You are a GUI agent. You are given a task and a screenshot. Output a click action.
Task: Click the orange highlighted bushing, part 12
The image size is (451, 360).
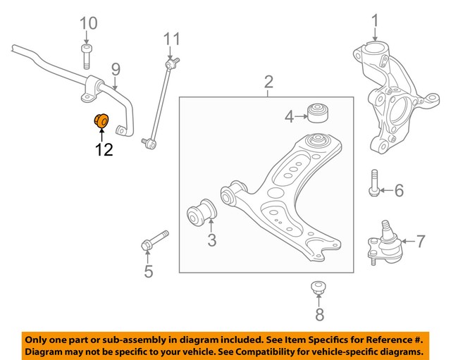click(x=101, y=121)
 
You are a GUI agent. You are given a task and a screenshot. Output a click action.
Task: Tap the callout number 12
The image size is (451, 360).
click(x=104, y=149)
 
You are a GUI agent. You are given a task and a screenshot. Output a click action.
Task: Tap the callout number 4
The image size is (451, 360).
click(x=289, y=116)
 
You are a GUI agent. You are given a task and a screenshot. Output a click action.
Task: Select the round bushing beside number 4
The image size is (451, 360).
click(x=319, y=113)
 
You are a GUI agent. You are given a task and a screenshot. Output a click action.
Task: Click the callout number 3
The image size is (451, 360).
click(x=212, y=241)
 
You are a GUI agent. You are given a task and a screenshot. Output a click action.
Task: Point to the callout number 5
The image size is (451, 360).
click(x=148, y=271)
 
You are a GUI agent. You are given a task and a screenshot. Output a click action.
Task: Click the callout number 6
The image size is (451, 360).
click(x=399, y=190)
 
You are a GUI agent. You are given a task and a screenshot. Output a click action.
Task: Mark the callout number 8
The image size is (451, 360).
click(x=319, y=315)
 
